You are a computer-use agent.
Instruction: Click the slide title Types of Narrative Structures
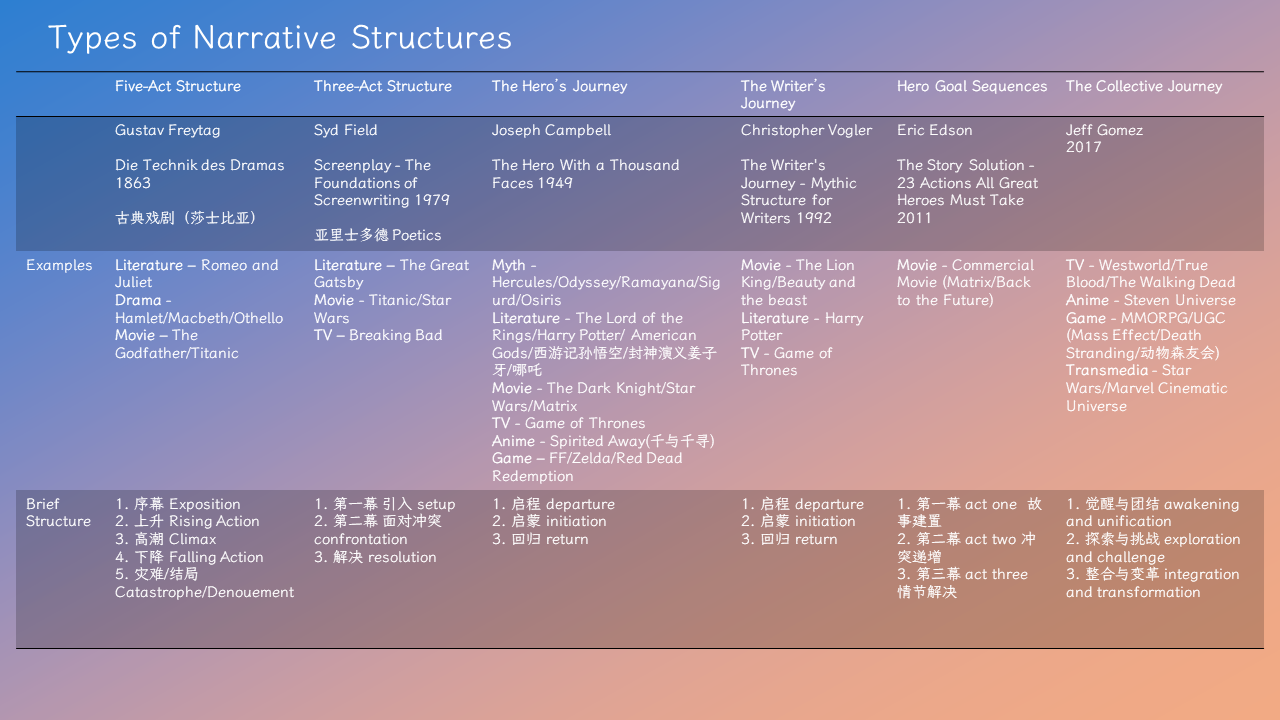(x=279, y=38)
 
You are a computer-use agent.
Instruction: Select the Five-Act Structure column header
(x=178, y=86)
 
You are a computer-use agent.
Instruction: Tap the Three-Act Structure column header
(x=383, y=86)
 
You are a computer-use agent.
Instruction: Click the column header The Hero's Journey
(x=559, y=86)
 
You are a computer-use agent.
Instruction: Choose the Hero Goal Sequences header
(x=972, y=86)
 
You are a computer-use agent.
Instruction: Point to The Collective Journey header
(x=1144, y=86)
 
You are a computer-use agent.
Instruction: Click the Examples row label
(x=59, y=265)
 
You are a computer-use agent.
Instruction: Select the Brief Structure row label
(x=58, y=512)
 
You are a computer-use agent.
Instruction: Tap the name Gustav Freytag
(x=167, y=130)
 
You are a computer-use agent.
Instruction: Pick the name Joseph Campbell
(x=551, y=130)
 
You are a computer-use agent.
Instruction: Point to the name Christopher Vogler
(x=806, y=130)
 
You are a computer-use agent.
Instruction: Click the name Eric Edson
(x=934, y=130)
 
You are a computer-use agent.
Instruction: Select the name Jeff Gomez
(x=1104, y=130)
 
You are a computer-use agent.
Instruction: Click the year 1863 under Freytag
(x=133, y=183)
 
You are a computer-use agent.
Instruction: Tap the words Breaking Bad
(x=396, y=335)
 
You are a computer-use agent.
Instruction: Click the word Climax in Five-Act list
(x=192, y=539)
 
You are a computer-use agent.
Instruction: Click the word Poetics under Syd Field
(x=417, y=235)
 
